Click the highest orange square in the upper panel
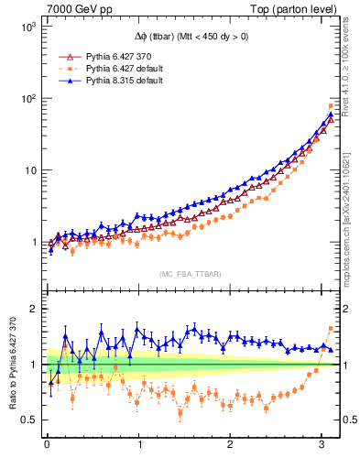(331, 106)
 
